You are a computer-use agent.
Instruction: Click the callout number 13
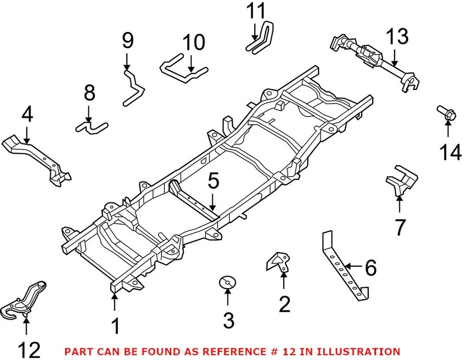point(396,37)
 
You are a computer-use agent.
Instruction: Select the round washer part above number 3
point(227,282)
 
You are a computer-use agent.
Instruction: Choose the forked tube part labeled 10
point(184,70)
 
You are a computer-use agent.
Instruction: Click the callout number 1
point(115,327)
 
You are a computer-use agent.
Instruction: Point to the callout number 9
point(127,41)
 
